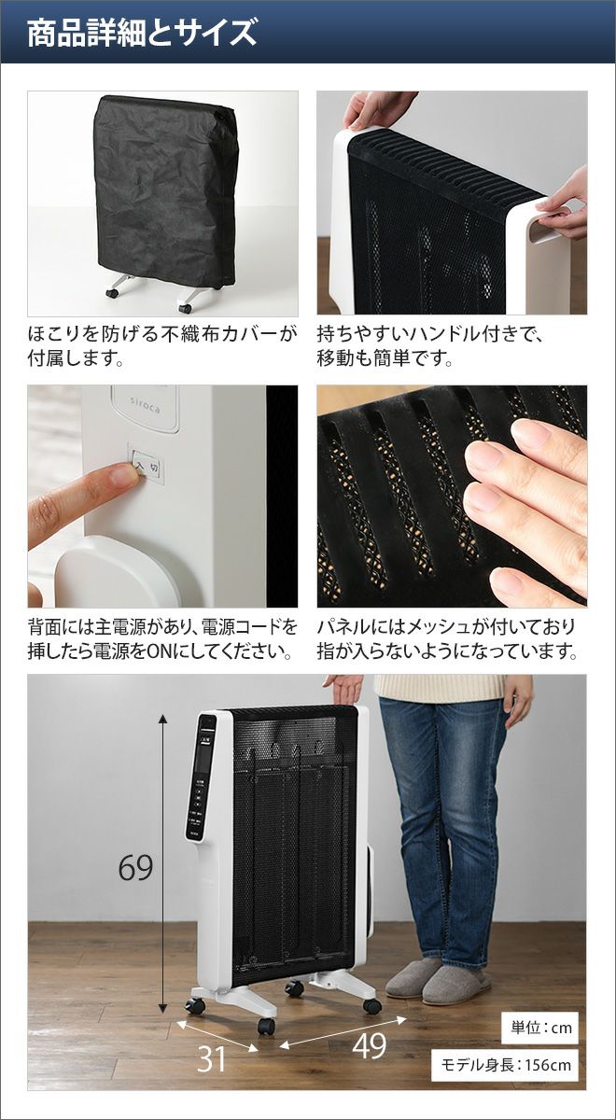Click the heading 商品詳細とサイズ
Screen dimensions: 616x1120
(142, 33)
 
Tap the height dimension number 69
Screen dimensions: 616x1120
(135, 868)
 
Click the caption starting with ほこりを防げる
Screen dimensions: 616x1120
(162, 346)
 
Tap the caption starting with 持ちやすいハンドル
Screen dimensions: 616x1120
(430, 346)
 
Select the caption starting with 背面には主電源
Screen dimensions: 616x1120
(162, 639)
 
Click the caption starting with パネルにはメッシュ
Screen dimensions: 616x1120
(447, 639)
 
